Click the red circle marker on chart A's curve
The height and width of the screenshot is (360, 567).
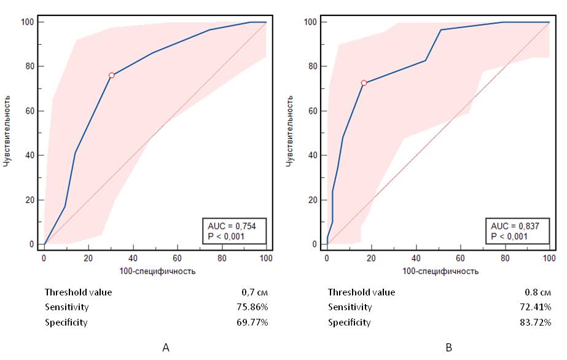pyautogui.click(x=112, y=75)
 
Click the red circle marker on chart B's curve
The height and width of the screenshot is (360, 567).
pyautogui.click(x=364, y=83)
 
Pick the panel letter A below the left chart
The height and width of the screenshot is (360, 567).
pyautogui.click(x=165, y=348)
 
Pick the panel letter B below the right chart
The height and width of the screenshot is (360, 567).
pyautogui.click(x=448, y=348)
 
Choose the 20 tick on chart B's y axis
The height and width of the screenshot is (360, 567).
pyautogui.click(x=313, y=200)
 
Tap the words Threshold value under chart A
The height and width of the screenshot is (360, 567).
pyautogui.click(x=78, y=292)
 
